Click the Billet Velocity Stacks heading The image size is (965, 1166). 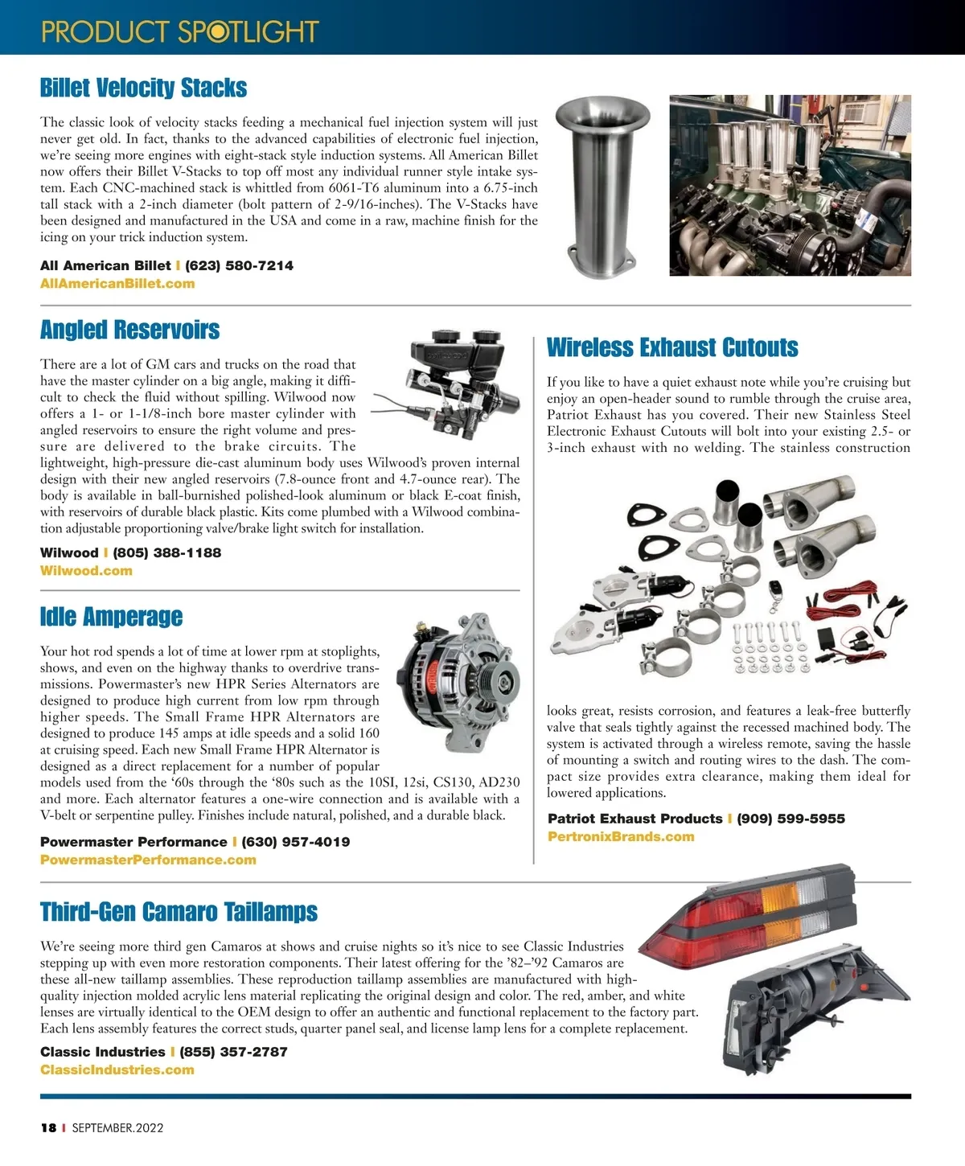(143, 88)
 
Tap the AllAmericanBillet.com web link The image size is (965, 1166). (117, 283)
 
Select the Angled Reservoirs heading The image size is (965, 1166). (129, 330)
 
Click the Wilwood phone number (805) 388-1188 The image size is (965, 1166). (166, 552)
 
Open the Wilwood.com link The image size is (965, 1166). (86, 570)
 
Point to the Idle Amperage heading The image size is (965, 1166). (111, 617)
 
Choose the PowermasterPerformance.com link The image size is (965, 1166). (148, 860)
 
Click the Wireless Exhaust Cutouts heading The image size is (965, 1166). (672, 347)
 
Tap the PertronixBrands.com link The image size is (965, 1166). (620, 836)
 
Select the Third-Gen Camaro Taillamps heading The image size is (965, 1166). (179, 912)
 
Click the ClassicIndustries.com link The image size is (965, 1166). (117, 1070)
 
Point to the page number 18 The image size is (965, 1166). (48, 1127)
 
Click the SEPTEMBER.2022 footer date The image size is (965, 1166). (117, 1127)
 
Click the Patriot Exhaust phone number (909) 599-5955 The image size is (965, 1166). (790, 819)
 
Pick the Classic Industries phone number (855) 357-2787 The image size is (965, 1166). (233, 1052)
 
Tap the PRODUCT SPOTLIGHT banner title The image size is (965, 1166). (180, 31)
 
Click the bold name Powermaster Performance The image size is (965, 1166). (133, 842)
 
